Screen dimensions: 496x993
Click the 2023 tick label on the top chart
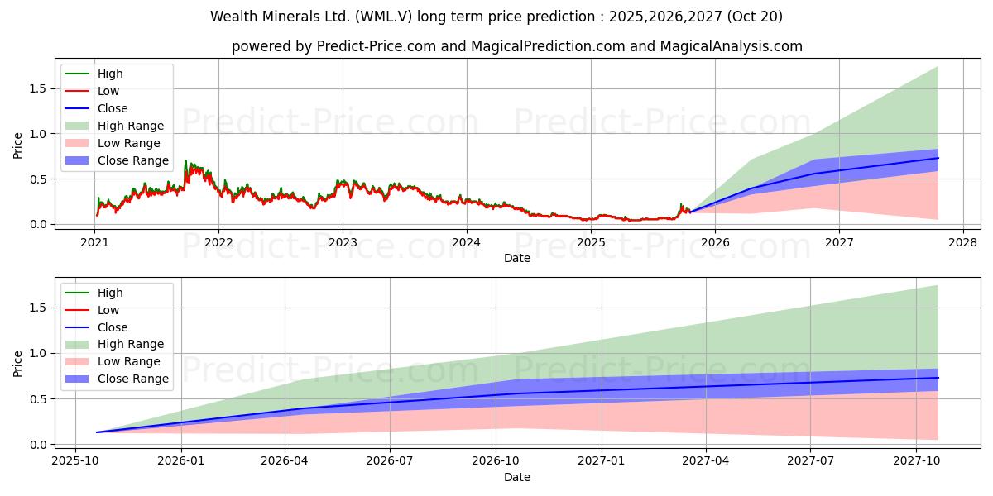click(343, 241)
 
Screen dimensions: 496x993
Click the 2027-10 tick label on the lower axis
click(916, 460)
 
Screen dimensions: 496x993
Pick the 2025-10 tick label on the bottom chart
click(75, 460)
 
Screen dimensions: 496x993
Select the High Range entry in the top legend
click(130, 126)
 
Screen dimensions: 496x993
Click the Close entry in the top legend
click(113, 108)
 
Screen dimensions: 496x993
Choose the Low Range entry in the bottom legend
click(129, 362)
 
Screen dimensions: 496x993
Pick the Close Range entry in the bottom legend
click(132, 379)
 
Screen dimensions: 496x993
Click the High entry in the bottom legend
click(110, 293)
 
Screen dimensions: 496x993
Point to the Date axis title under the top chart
click(517, 258)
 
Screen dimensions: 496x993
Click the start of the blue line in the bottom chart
click(97, 432)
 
